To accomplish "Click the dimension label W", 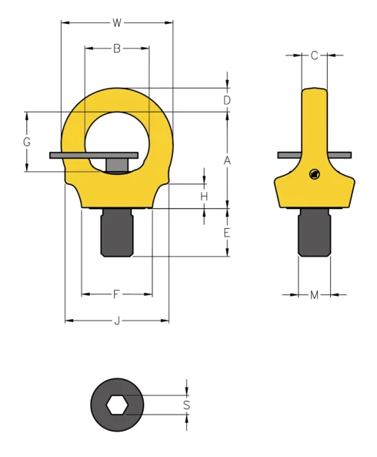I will tap(117, 22).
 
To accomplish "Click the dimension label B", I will tap(117, 49).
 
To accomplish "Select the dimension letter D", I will tap(227, 100).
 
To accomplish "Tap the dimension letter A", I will tap(227, 160).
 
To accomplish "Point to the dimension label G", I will tap(27, 143).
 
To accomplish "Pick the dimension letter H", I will tap(204, 197).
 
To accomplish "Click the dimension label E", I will tap(227, 233).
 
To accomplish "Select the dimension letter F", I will tap(117, 294).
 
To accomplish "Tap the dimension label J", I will tap(117, 321).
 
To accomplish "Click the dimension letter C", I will tap(314, 55).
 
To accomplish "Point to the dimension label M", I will tap(314, 294).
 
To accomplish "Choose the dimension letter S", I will tap(186, 405).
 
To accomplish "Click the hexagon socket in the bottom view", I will tap(117, 405).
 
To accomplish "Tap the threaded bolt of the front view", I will tap(117, 232).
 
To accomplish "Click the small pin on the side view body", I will tap(313, 174).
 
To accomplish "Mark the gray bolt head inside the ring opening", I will tap(117, 165).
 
